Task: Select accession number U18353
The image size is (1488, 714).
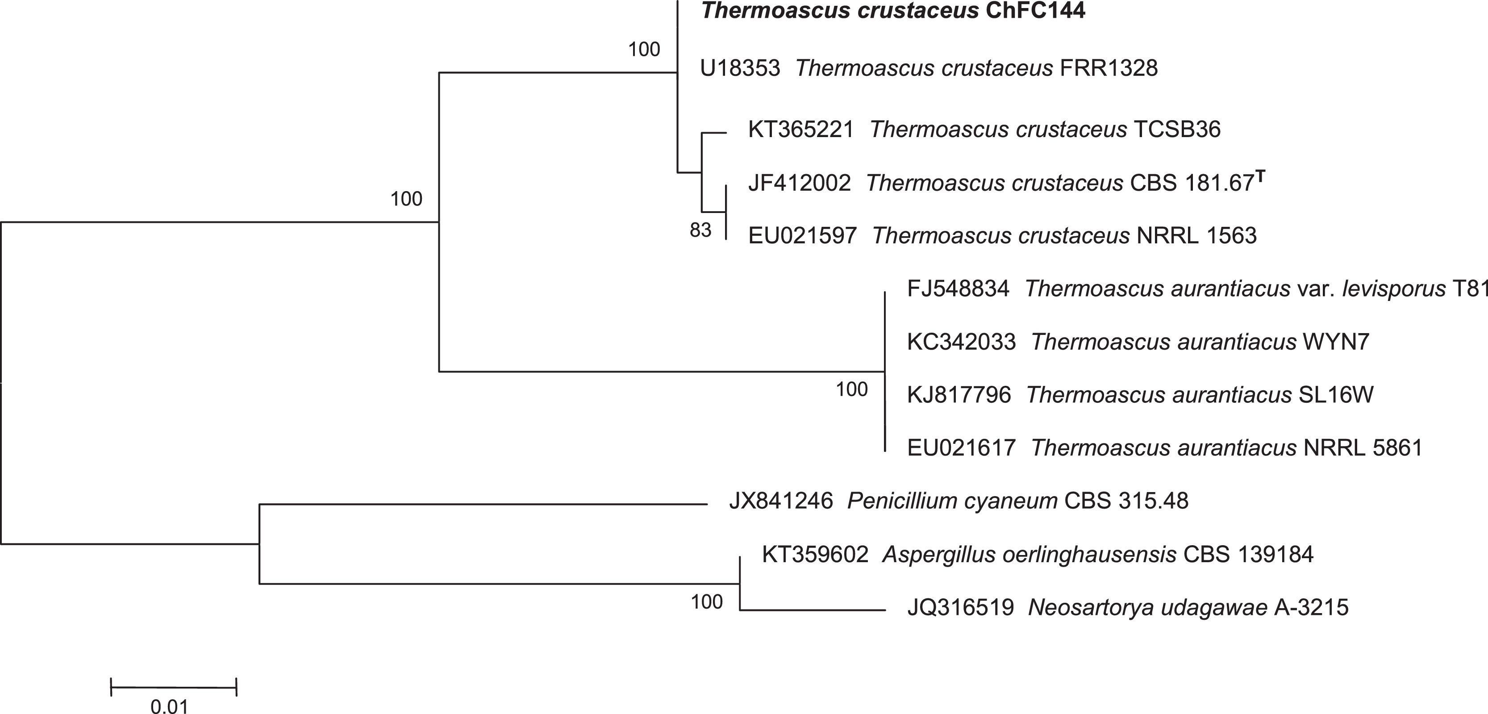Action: (740, 69)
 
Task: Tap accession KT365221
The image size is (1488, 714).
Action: (800, 129)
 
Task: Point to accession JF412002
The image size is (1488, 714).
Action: (800, 183)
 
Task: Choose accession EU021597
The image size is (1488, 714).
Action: (802, 236)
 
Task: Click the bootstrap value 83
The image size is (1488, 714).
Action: (700, 230)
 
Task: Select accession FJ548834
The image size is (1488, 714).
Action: (959, 289)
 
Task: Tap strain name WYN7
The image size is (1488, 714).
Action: (1336, 342)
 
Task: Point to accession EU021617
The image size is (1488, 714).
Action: (961, 448)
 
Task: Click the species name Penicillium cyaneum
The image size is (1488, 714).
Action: (952, 501)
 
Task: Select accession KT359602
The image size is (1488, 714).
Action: (815, 555)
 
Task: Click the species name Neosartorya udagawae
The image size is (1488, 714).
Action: (1148, 608)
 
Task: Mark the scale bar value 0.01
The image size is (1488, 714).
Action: (169, 706)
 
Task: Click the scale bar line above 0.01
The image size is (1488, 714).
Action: (174, 687)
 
